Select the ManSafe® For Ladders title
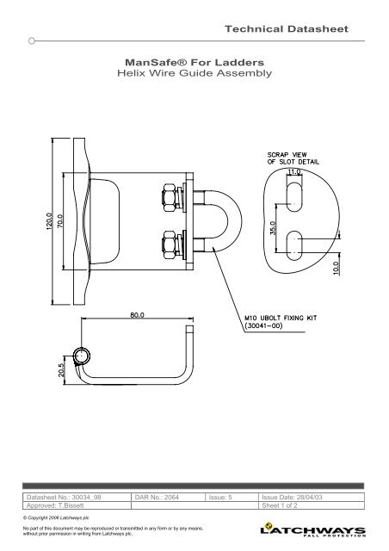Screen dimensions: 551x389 194,63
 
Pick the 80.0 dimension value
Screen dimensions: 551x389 137,315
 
